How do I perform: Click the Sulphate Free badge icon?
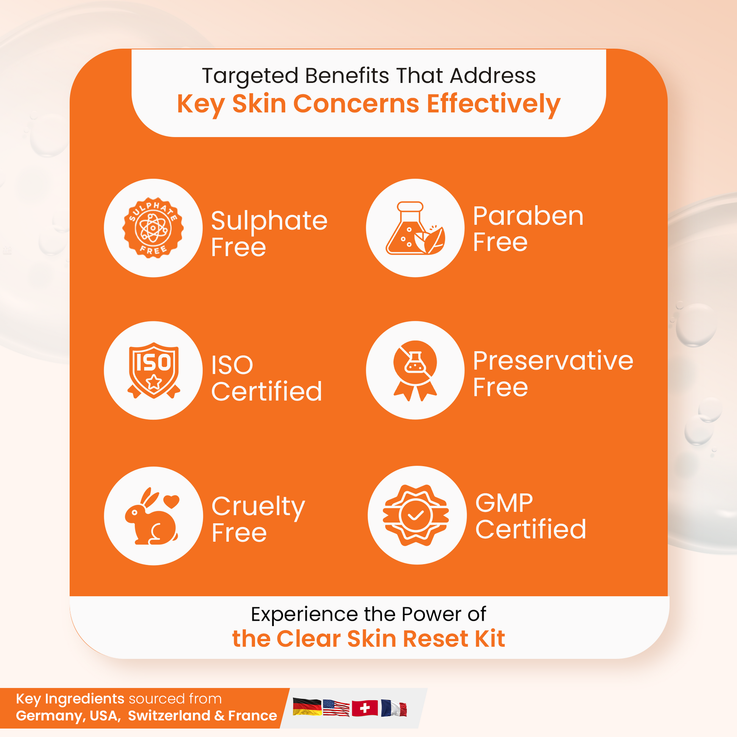pos(153,228)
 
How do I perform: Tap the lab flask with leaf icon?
pos(415,228)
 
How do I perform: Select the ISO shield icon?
pos(153,370)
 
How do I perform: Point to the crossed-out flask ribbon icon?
pos(415,370)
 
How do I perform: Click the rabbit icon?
pos(152,516)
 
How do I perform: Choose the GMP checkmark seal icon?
pos(416,515)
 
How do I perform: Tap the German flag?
pos(307,707)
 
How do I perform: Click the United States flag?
pos(336,708)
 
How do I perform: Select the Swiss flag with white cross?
pos(365,708)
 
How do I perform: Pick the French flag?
pos(393,708)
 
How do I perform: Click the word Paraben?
pos(528,216)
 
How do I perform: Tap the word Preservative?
pos(553,361)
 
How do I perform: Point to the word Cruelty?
pos(258,507)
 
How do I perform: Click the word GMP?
pos(504,503)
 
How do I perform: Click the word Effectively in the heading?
pos(493,105)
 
